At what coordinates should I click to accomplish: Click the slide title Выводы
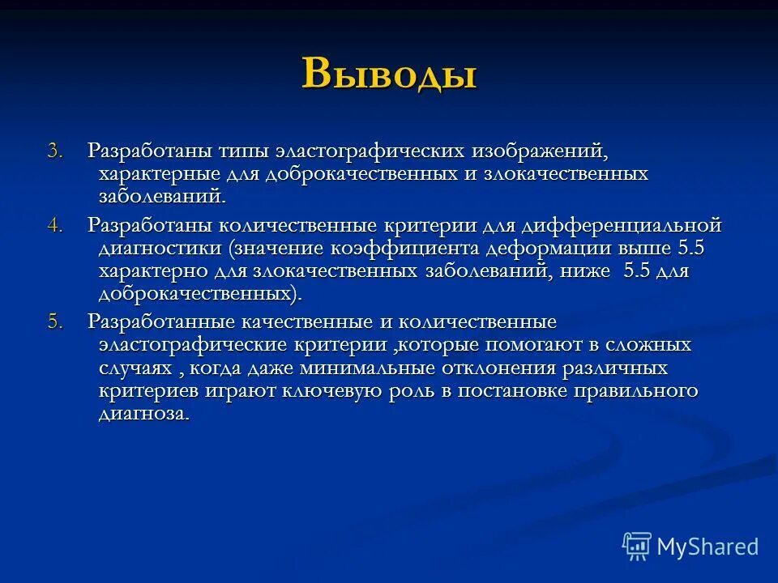(x=389, y=74)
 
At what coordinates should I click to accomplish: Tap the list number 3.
(x=53, y=152)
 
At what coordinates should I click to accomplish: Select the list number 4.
(x=53, y=226)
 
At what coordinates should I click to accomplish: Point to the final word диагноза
(x=144, y=414)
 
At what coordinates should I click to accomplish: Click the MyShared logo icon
(x=637, y=546)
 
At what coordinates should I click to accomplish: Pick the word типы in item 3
(x=241, y=152)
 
